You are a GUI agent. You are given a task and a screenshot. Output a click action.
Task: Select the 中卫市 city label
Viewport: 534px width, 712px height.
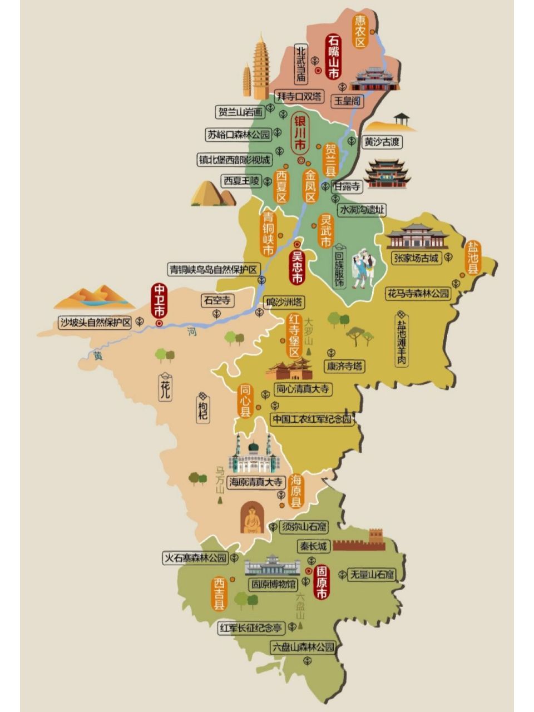pyautogui.click(x=159, y=300)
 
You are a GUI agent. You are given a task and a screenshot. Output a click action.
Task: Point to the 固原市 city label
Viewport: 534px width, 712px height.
pyautogui.click(x=322, y=583)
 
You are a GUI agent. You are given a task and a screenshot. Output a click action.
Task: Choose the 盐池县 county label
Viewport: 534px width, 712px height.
pyautogui.click(x=473, y=258)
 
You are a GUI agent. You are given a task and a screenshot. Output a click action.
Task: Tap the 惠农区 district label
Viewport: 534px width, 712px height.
pyautogui.click(x=362, y=31)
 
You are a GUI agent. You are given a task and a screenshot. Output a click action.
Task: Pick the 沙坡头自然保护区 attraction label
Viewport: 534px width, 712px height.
pyautogui.click(x=95, y=322)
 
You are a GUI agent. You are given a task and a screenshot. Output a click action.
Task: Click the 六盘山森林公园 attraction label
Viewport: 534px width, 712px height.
pyautogui.click(x=304, y=647)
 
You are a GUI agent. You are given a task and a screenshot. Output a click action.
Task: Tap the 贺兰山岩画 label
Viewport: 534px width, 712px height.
pyautogui.click(x=242, y=112)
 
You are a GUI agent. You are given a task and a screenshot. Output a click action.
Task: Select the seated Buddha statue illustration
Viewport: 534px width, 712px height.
pyautogui.click(x=252, y=518)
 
